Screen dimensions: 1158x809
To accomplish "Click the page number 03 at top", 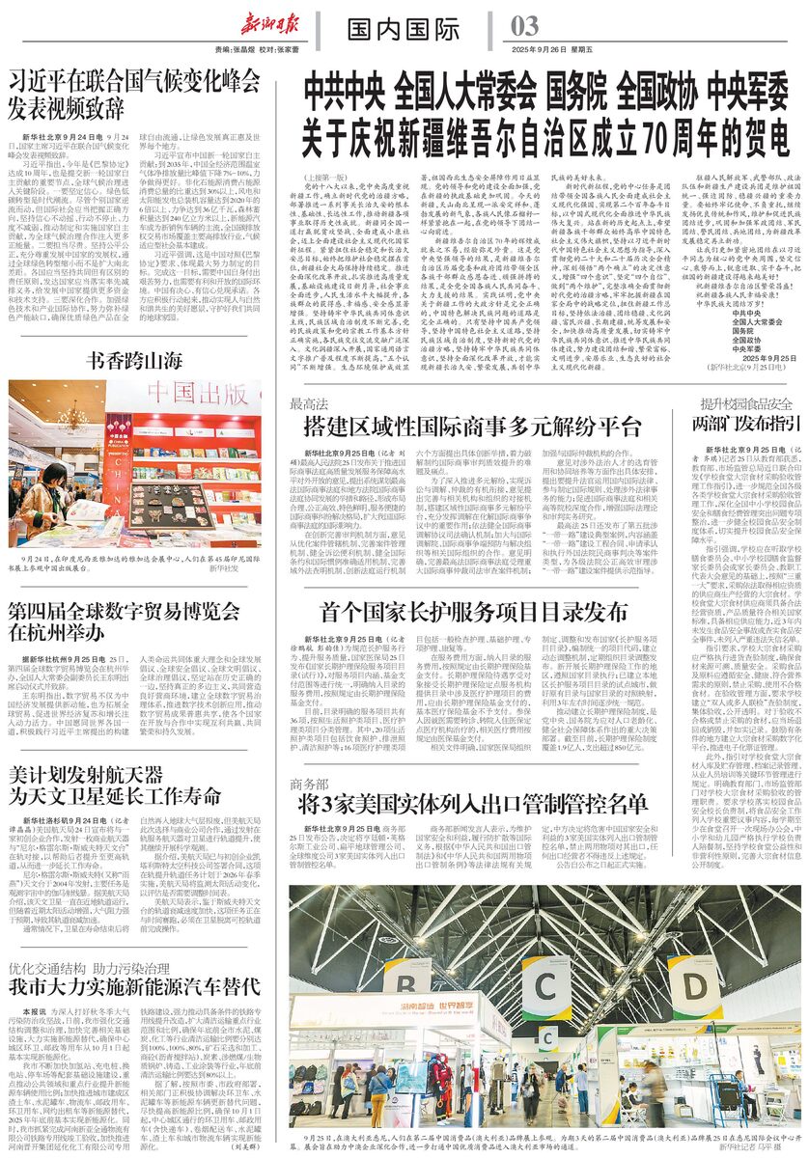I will (x=526, y=24).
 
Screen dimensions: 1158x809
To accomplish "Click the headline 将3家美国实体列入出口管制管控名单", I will (x=473, y=804).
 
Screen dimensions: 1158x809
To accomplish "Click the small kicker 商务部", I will (x=311, y=781).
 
